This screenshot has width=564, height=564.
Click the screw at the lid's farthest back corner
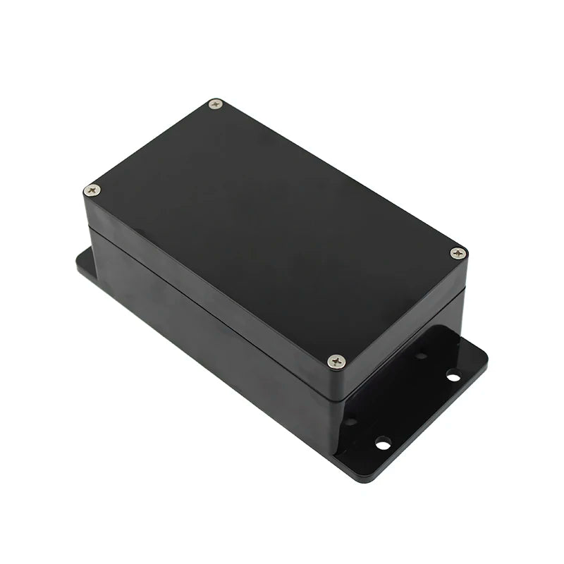tap(216, 104)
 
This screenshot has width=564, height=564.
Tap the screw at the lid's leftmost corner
tap(92, 190)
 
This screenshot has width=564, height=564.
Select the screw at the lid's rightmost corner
tap(458, 252)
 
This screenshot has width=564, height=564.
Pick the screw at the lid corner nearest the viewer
tap(337, 361)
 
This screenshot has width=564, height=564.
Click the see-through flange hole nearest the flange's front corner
tap(383, 443)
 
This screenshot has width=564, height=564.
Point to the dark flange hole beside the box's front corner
tap(350, 422)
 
